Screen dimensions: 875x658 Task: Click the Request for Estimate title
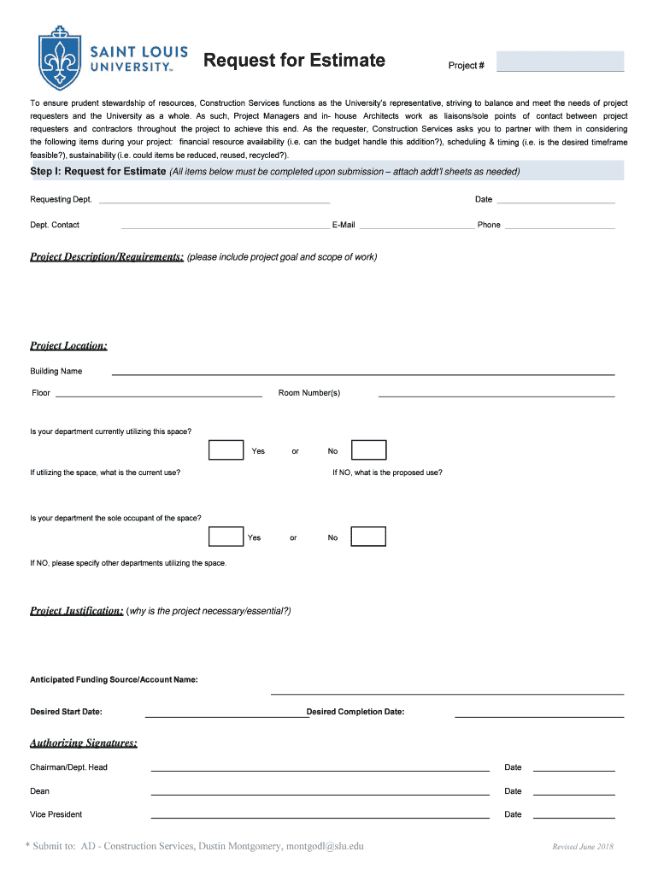coord(294,61)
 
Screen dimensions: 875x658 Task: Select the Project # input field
coord(560,62)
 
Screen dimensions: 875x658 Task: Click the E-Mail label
coord(344,226)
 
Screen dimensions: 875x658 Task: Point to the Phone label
coord(489,226)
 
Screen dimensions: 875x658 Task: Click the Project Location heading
coord(68,346)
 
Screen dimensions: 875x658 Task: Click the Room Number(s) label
coord(309,393)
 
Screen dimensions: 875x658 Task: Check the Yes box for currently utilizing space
coord(226,450)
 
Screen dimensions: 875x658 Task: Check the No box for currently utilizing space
coord(369,450)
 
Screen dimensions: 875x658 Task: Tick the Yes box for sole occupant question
coord(226,537)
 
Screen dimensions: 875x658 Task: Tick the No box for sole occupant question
coord(368,537)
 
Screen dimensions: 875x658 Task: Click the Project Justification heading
coord(77,611)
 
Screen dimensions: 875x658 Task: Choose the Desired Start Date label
coord(66,712)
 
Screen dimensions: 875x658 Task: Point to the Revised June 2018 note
coord(583,847)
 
